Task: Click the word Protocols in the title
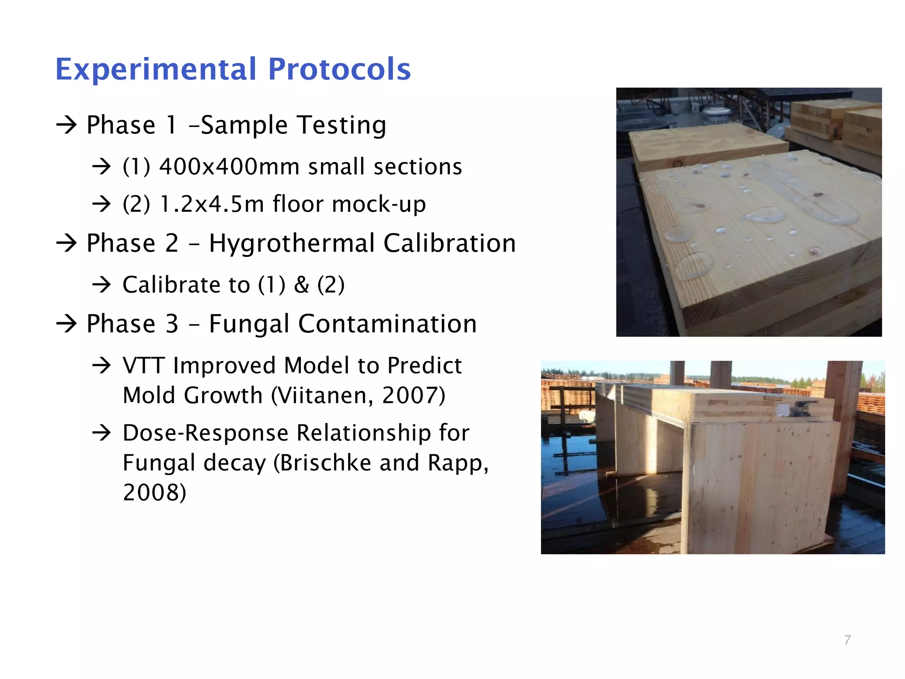click(x=339, y=70)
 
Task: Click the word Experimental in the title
click(x=156, y=70)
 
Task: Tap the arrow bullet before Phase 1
click(x=67, y=125)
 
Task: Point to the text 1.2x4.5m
click(x=212, y=204)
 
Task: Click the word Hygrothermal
click(x=292, y=244)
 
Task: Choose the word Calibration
click(x=449, y=244)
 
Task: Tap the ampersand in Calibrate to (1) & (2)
click(x=301, y=285)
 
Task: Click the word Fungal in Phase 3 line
click(x=250, y=324)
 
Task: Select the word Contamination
click(x=388, y=324)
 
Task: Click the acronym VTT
click(x=144, y=366)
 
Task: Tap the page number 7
click(x=847, y=640)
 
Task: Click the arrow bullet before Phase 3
click(x=67, y=324)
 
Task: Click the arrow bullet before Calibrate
click(x=102, y=285)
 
